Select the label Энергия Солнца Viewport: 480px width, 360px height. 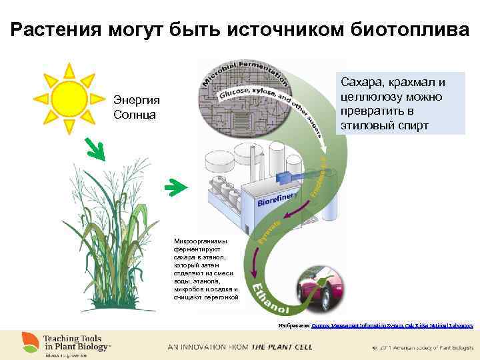[135, 107]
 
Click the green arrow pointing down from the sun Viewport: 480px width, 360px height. [95, 151]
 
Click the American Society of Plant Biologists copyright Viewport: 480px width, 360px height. [424, 347]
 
